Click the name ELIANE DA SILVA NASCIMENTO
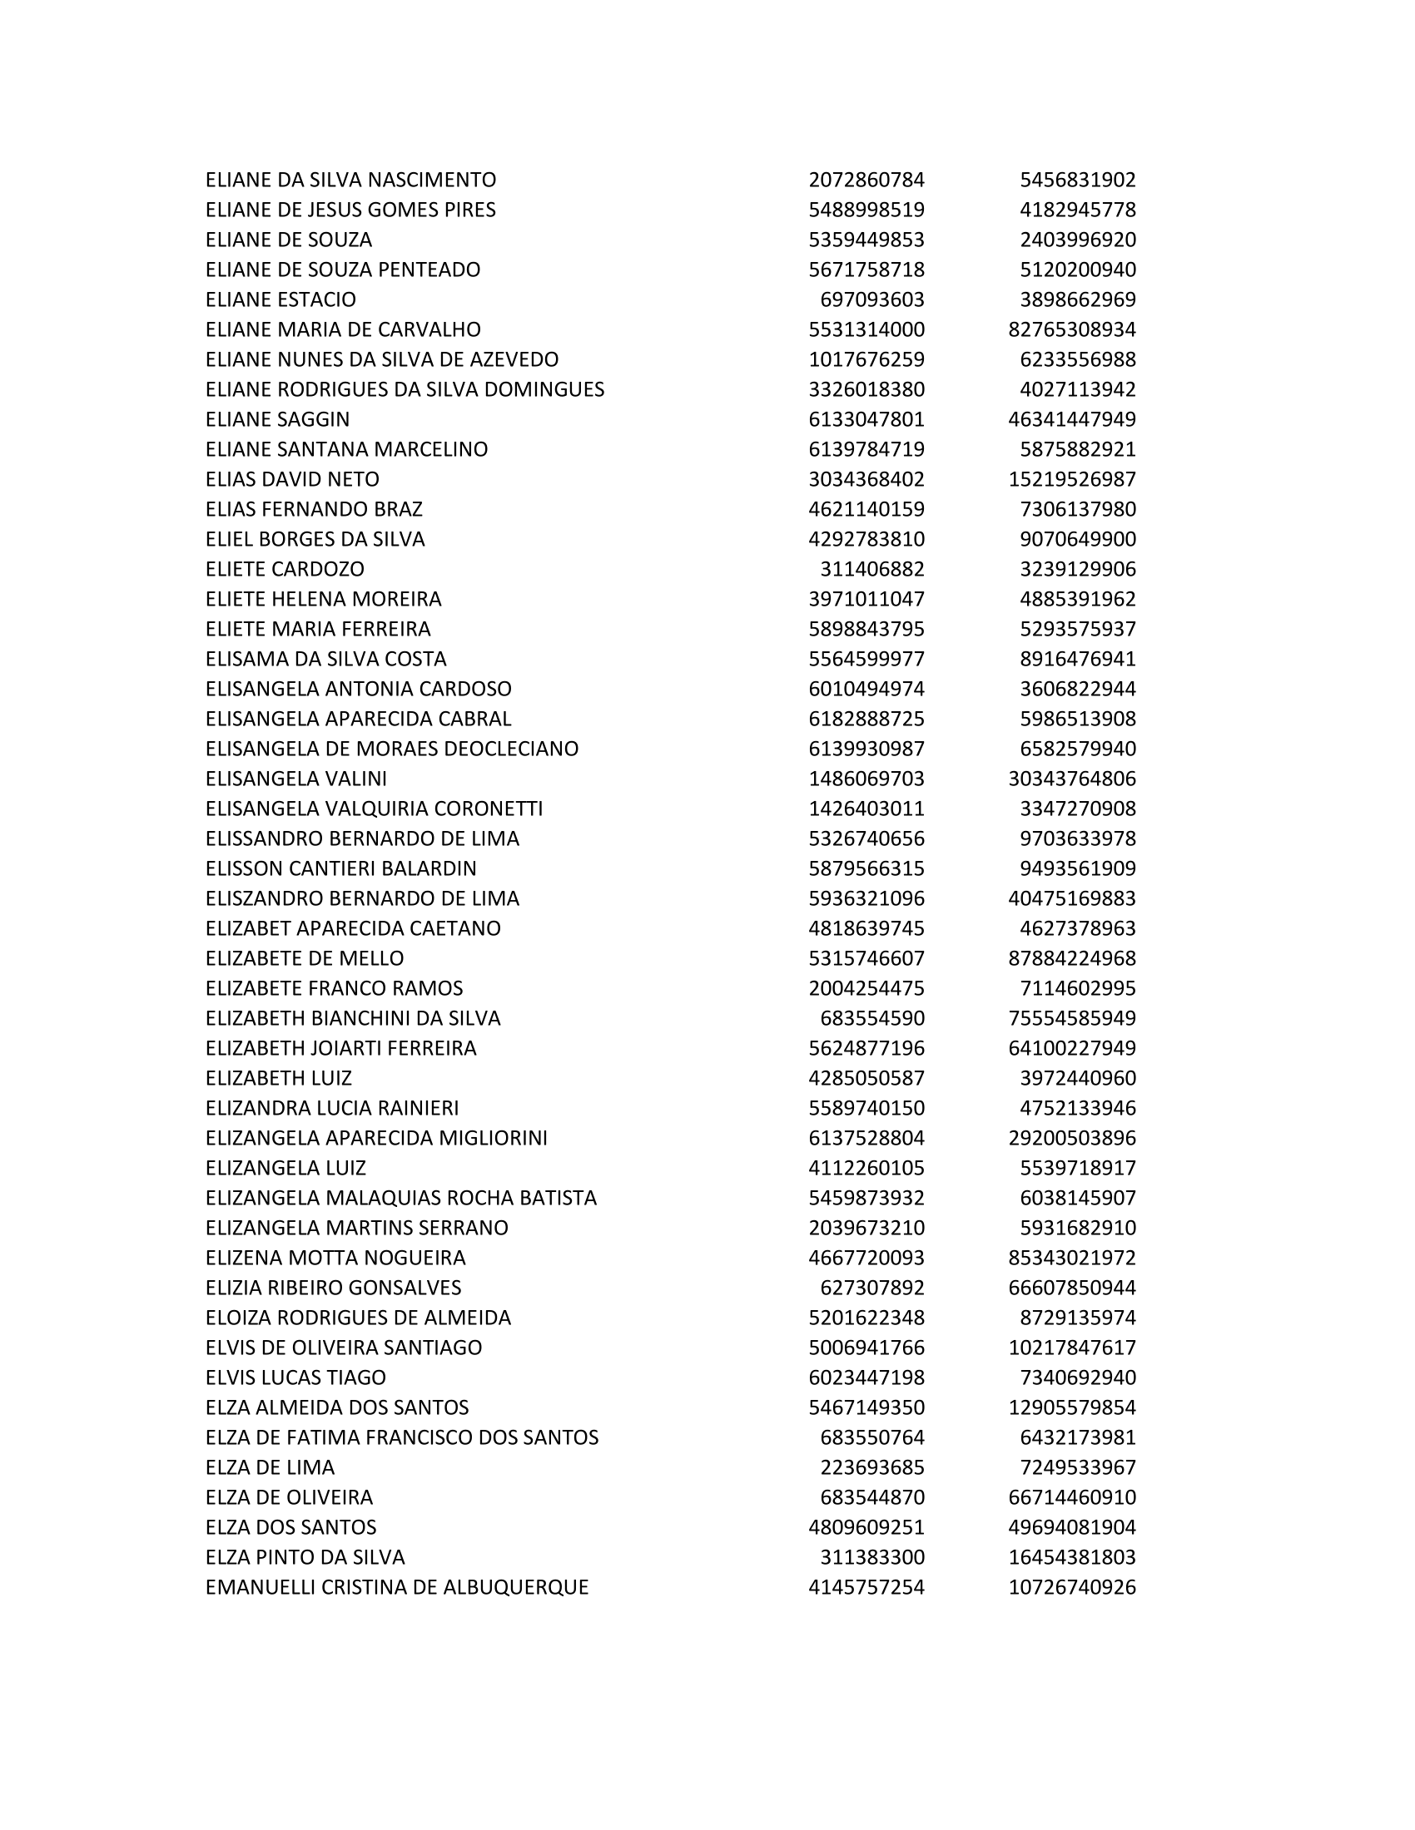click(350, 181)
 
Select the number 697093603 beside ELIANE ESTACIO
click(871, 300)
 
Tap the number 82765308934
click(1071, 329)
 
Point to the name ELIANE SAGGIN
click(277, 419)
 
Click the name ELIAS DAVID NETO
click(291, 479)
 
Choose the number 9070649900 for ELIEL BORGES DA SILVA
click(1077, 539)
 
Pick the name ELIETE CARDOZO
click(285, 569)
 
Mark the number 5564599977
click(866, 659)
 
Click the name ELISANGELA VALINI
click(296, 779)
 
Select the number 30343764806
click(1071, 779)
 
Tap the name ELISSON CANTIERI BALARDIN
click(340, 868)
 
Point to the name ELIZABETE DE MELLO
click(305, 957)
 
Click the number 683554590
click(871, 1018)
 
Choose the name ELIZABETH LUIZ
click(278, 1077)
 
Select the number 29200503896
click(1071, 1138)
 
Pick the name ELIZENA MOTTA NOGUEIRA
click(335, 1258)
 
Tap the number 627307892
click(871, 1287)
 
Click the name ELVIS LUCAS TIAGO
click(295, 1377)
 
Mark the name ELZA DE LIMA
click(270, 1467)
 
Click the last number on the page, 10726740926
click(1071, 1587)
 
